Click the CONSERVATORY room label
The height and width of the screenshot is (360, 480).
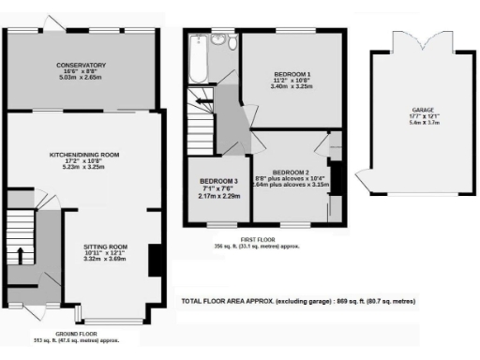(81, 65)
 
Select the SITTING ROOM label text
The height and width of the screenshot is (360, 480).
(105, 247)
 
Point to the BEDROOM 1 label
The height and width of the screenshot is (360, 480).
(292, 73)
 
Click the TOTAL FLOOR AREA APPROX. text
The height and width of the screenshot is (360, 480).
(238, 302)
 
